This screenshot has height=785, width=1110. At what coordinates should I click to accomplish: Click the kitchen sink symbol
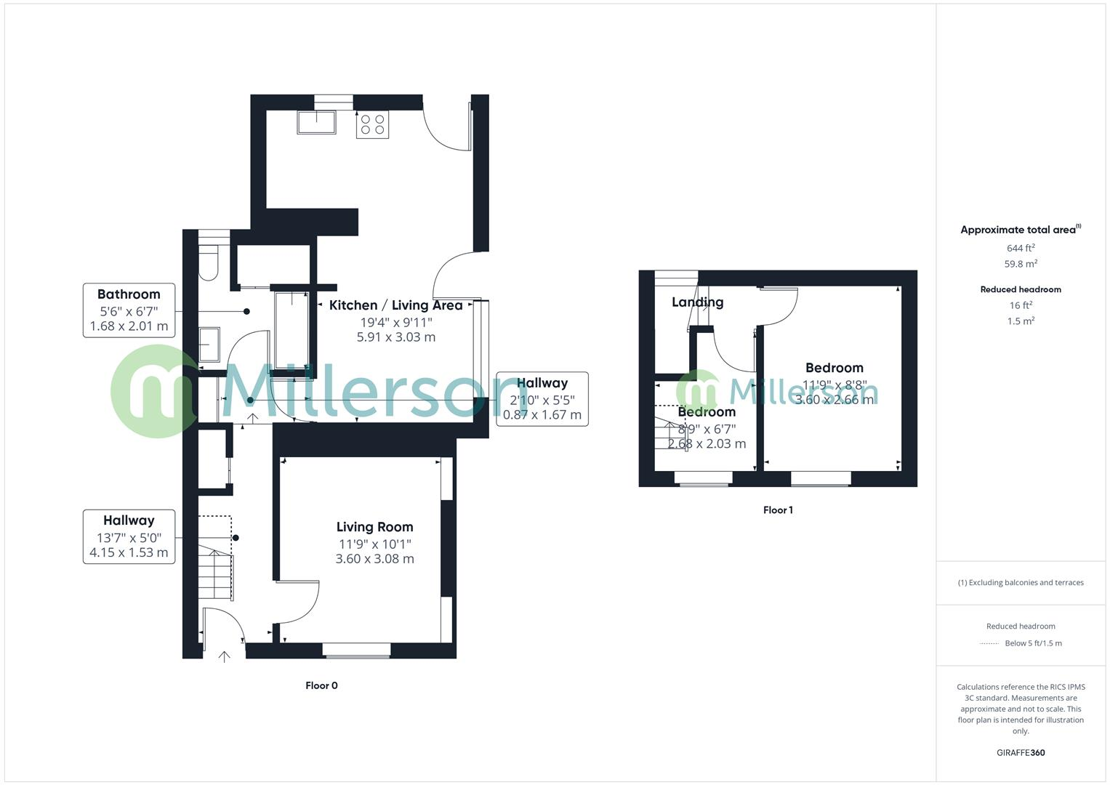coord(316,122)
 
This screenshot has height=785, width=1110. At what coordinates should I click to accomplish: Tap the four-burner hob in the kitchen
coord(372,124)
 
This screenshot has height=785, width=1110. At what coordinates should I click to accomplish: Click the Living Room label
coord(374,527)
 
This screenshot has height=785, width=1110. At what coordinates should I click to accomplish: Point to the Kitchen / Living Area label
coord(395,305)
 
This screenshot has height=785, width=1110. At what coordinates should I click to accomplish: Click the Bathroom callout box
coord(129,310)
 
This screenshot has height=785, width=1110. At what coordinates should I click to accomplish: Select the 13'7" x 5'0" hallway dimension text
coord(129,538)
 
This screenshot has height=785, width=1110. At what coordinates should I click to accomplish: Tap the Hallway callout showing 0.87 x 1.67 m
coord(542,399)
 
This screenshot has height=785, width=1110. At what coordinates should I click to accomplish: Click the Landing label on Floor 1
coord(697,302)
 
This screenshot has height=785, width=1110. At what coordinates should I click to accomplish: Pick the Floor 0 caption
coord(321,685)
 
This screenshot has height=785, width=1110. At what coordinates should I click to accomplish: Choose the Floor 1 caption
coord(778,510)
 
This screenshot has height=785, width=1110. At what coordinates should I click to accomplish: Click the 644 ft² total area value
coord(1021,248)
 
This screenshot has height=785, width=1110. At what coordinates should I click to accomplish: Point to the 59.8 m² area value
coord(1021,264)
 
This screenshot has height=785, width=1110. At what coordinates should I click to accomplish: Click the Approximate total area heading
coord(1020,230)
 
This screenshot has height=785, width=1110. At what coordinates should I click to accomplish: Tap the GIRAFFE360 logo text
coord(1021,753)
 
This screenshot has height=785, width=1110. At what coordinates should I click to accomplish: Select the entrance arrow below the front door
coord(225,657)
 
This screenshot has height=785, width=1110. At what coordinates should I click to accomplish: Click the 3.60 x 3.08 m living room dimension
coord(374,559)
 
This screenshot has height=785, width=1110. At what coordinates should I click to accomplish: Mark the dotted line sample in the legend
coord(989,643)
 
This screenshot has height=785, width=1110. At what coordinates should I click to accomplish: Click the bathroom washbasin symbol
coord(209,344)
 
